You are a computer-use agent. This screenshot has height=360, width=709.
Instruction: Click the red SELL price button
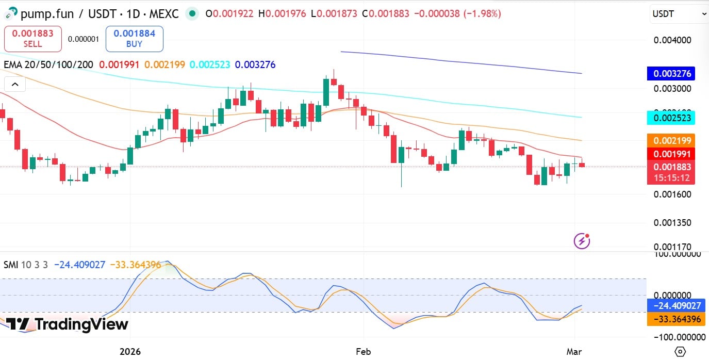(x=32, y=39)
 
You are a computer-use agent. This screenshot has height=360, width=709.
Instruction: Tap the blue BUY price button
(x=134, y=39)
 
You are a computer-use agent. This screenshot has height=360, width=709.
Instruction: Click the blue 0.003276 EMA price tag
(x=671, y=73)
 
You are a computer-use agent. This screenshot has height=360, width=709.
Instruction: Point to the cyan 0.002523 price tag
(x=671, y=118)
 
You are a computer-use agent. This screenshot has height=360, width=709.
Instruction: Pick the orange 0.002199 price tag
(x=671, y=140)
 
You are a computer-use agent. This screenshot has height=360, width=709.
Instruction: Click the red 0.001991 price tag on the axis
(x=671, y=154)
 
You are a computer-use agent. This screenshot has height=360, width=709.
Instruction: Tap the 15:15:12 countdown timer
(x=671, y=178)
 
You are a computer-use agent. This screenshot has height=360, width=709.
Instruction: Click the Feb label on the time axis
(x=364, y=352)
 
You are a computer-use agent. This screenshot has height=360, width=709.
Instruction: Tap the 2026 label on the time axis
(x=130, y=352)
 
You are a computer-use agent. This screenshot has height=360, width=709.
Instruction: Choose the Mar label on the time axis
(x=574, y=352)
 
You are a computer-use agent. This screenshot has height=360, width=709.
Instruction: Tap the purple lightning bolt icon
(x=582, y=240)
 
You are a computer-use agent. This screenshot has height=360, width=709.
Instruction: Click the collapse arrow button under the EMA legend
(x=15, y=85)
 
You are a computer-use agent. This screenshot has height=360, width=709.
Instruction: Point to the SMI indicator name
(x=10, y=265)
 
